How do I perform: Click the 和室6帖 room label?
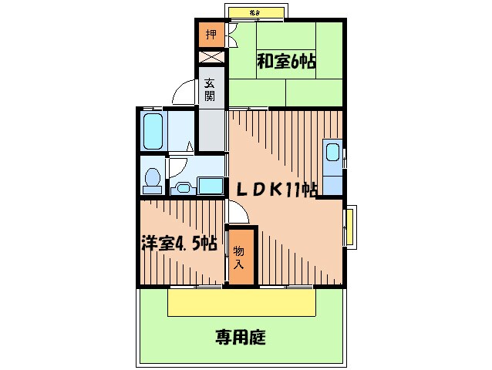(286, 62)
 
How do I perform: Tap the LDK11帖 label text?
(275, 188)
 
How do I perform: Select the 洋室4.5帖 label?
(177, 243)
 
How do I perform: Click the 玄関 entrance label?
(210, 91)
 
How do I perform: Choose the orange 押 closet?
(210, 34)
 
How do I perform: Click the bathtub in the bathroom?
(153, 133)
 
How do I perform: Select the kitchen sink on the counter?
(333, 153)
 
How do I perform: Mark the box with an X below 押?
(210, 57)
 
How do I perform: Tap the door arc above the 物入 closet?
(235, 212)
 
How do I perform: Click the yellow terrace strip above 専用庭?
(241, 302)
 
